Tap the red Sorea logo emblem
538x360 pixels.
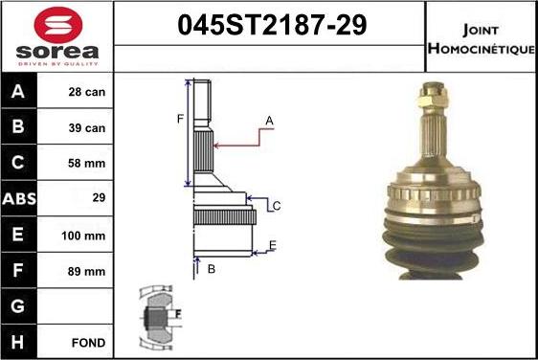(57, 24)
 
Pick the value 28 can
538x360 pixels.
(86, 93)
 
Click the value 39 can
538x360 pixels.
(86, 128)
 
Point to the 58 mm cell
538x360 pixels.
(86, 164)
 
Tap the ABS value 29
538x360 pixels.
(86, 199)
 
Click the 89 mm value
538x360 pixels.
(86, 270)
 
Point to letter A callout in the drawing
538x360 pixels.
(269, 121)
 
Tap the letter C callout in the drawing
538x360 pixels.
(276, 206)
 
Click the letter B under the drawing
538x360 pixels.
(211, 270)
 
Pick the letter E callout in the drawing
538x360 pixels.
(272, 246)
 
